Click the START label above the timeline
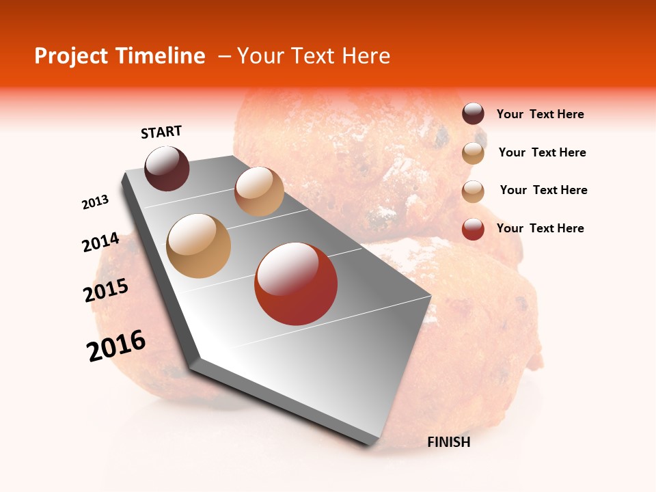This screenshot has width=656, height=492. coord(161,132)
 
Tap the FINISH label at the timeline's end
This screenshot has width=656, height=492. coord(449,442)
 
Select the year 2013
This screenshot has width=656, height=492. coord(96,202)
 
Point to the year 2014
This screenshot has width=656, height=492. coord(101,243)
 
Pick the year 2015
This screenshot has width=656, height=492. coord(106,290)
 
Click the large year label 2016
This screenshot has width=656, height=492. coord(116,346)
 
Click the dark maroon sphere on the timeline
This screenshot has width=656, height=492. coord(167,168)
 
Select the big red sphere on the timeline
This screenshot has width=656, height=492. coord(296,284)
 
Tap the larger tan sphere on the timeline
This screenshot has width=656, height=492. coord(199,246)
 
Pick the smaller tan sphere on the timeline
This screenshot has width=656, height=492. coord(259,191)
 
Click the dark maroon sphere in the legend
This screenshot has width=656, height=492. coord(473,114)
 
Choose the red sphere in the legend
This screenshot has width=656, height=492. coord(473,229)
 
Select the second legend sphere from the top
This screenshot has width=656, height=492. coord(473,153)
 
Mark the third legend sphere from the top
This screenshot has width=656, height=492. coord(473,191)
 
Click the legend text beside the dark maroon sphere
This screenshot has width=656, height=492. coord(540,115)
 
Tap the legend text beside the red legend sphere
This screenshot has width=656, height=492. coord(540,228)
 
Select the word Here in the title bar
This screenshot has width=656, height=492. coord(366,56)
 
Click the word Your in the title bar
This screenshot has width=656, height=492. coord(261,56)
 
